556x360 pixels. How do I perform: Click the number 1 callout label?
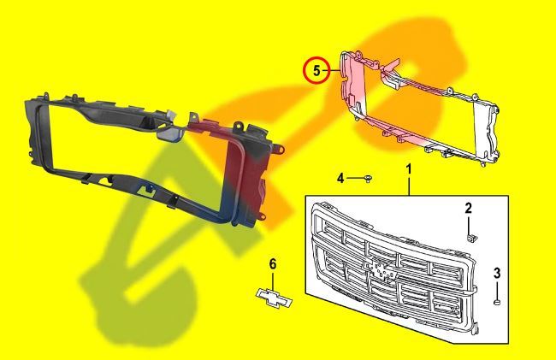click(409, 169)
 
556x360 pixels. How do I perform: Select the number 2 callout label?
click(468, 208)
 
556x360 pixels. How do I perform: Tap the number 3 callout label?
click(497, 273)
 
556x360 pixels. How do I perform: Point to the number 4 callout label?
click(340, 178)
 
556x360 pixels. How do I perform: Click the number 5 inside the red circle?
click(316, 71)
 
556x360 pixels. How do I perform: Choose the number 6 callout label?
click(273, 264)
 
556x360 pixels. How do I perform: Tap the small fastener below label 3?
click(497, 301)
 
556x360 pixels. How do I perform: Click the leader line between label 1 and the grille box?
click(409, 186)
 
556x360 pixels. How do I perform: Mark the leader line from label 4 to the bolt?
click(354, 178)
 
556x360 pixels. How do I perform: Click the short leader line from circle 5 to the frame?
click(334, 71)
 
